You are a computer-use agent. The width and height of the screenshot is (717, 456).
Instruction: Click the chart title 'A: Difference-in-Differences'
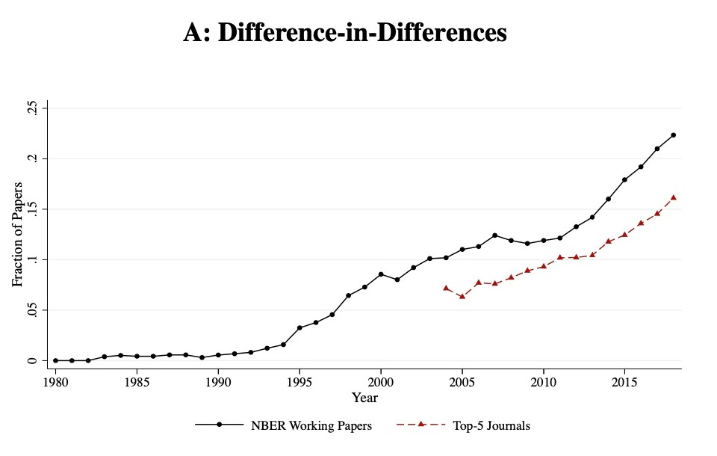click(345, 33)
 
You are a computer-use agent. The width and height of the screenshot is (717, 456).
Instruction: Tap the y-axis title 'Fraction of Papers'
click(17, 234)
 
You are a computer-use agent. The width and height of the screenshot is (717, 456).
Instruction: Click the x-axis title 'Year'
click(364, 398)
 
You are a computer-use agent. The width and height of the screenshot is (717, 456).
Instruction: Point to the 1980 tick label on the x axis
click(55, 382)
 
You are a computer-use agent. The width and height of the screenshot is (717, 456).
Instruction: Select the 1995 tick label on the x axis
click(299, 382)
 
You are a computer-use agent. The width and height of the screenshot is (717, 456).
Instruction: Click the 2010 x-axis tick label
click(543, 382)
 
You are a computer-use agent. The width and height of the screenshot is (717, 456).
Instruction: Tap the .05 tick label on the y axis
click(31, 310)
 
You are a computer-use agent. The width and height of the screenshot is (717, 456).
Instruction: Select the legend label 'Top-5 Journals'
click(491, 425)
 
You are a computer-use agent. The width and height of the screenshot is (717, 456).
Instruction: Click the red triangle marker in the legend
click(421, 425)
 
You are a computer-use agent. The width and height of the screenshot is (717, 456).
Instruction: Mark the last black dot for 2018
click(673, 135)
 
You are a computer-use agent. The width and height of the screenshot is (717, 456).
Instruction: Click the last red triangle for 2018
click(673, 197)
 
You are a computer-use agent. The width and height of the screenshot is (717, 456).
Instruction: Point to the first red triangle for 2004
click(446, 288)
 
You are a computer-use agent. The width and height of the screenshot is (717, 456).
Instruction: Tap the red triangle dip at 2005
click(462, 296)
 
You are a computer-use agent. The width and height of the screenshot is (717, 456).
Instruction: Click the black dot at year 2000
click(381, 274)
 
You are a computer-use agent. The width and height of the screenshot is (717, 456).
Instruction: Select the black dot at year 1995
click(299, 327)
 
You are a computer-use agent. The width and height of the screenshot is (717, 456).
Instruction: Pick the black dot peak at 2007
click(494, 235)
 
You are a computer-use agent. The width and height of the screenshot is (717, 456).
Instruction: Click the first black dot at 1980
click(55, 360)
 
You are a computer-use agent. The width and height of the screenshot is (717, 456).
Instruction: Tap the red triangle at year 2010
click(543, 265)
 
